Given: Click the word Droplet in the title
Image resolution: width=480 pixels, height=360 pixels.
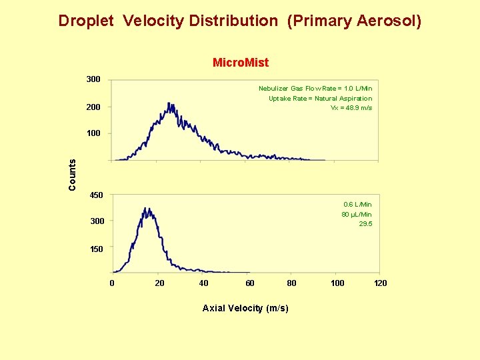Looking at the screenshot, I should [x=87, y=21].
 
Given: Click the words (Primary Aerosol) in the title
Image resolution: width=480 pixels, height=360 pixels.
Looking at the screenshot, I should [x=354, y=21].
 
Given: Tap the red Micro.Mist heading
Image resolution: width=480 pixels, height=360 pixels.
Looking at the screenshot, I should [x=240, y=63].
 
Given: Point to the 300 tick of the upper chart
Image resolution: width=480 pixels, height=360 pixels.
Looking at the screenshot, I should [x=93, y=79].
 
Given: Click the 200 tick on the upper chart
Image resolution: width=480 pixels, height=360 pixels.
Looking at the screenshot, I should [x=93, y=107].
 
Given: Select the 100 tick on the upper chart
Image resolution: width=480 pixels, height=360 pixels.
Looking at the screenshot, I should [x=93, y=133].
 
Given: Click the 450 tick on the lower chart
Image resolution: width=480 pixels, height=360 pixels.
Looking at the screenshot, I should [x=97, y=195].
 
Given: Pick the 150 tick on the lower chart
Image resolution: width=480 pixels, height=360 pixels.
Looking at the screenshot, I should [x=97, y=249].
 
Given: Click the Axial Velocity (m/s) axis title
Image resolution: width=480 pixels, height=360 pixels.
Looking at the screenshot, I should [x=245, y=308].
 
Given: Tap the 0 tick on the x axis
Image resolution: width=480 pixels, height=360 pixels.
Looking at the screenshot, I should [x=112, y=283].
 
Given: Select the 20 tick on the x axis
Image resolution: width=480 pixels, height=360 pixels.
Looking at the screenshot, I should [x=159, y=283].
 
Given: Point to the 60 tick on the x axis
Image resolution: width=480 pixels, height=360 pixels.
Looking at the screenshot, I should [x=249, y=283].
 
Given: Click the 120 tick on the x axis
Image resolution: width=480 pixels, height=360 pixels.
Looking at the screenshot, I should [x=380, y=283].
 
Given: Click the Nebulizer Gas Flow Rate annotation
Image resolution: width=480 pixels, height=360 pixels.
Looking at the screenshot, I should [x=315, y=88].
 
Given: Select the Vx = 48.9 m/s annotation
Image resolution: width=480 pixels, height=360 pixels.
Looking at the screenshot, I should [x=351, y=108].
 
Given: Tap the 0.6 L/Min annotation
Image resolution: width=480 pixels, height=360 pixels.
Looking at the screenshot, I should [x=357, y=204].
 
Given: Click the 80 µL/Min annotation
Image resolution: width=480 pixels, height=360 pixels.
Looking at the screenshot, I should [x=357, y=214].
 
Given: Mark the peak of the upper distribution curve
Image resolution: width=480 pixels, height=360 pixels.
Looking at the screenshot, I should [x=170, y=105].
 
